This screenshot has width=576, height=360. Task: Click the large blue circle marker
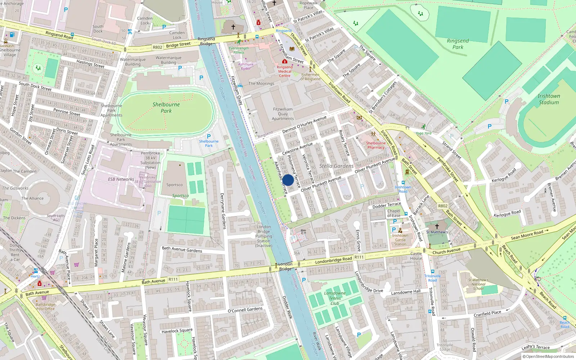tap(288, 180)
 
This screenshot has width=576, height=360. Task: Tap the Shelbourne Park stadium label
tap(166, 108)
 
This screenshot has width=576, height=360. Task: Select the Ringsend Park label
tap(458, 44)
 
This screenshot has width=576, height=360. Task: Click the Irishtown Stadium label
tap(549, 99)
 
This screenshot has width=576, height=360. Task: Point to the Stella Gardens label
tap(336, 166)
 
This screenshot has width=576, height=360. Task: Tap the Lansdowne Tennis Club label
tap(335, 298)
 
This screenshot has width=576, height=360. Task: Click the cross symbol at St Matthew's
tap(437, 226)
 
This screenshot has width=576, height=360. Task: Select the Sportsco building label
tap(175, 185)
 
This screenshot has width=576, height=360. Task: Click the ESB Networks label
tap(121, 179)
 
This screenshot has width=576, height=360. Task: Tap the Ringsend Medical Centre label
tap(285, 71)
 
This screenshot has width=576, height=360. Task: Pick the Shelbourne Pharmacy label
tap(376, 145)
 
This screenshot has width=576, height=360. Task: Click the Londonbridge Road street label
tap(334, 260)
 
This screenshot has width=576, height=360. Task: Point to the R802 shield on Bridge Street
tap(157, 47)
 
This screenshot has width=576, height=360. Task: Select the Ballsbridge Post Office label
tap(45, 307)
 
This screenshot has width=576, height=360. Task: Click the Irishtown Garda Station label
tap(400, 240)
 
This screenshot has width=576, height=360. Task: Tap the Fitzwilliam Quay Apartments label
tap(283, 114)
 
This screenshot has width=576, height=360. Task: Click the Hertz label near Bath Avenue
tap(35, 276)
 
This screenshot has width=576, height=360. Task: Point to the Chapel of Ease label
tap(393, 213)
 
